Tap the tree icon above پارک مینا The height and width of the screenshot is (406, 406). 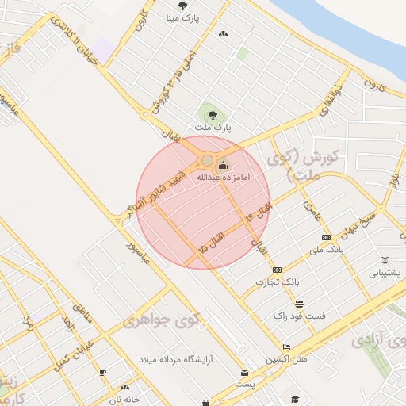pos(183,6)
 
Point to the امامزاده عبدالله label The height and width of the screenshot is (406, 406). pos(223,177)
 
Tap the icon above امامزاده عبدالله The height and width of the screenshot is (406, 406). pos(223,166)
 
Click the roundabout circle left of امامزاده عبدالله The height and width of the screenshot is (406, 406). pos(207,161)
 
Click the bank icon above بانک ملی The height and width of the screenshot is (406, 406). pos(326,237)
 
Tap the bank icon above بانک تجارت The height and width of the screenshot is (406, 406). pos(277,270)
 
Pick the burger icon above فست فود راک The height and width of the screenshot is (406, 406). pos(299,304)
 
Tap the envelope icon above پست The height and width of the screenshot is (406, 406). pos(244,373)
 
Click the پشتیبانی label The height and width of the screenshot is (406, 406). pos(385,272)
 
